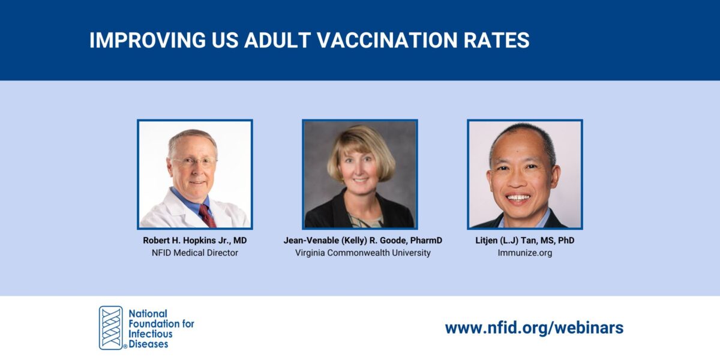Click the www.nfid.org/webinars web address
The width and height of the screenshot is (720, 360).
[x=534, y=328]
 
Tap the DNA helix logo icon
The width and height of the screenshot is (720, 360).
[x=110, y=328]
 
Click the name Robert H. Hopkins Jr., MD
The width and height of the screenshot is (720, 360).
[x=195, y=241]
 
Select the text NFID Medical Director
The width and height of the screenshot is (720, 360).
[x=195, y=253]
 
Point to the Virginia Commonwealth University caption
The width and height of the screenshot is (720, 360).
[x=362, y=253]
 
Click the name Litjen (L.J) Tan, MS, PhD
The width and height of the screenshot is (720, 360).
[x=524, y=241]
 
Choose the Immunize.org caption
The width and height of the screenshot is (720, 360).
[x=524, y=253]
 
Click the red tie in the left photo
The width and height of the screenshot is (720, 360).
[x=207, y=215]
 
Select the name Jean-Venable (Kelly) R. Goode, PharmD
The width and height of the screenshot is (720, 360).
[x=362, y=241]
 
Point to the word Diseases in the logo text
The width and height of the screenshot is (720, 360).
[x=148, y=344]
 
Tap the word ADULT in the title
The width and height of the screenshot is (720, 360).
[x=275, y=40]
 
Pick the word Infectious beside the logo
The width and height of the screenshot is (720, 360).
[x=151, y=334]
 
